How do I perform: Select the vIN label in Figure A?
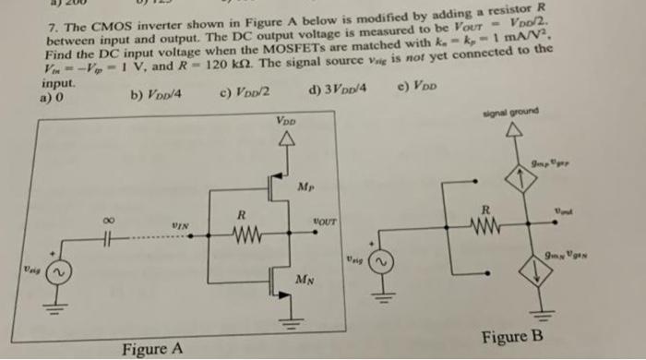(181, 227)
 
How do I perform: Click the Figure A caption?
(153, 347)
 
